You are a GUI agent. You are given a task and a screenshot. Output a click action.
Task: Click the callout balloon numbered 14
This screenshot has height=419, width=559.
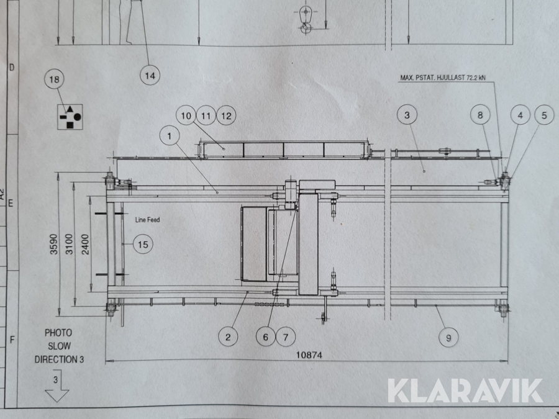(150, 76)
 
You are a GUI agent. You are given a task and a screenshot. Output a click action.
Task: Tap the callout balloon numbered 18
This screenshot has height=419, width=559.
(55, 79)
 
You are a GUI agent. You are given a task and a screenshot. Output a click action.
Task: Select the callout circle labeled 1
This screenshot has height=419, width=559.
(170, 136)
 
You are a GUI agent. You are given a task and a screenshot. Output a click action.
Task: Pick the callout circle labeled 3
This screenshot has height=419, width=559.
(407, 115)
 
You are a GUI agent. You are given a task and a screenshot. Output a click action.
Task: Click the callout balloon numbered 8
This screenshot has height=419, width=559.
(480, 115)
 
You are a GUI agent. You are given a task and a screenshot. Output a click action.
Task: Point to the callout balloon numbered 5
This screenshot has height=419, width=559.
(544, 115)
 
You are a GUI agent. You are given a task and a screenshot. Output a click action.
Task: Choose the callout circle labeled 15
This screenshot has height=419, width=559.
(143, 245)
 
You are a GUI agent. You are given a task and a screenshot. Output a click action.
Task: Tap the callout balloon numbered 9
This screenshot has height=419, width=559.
(448, 338)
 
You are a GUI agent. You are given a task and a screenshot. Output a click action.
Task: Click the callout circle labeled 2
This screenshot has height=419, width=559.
(228, 336)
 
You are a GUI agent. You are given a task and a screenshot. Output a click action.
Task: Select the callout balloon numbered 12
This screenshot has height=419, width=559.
(226, 115)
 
